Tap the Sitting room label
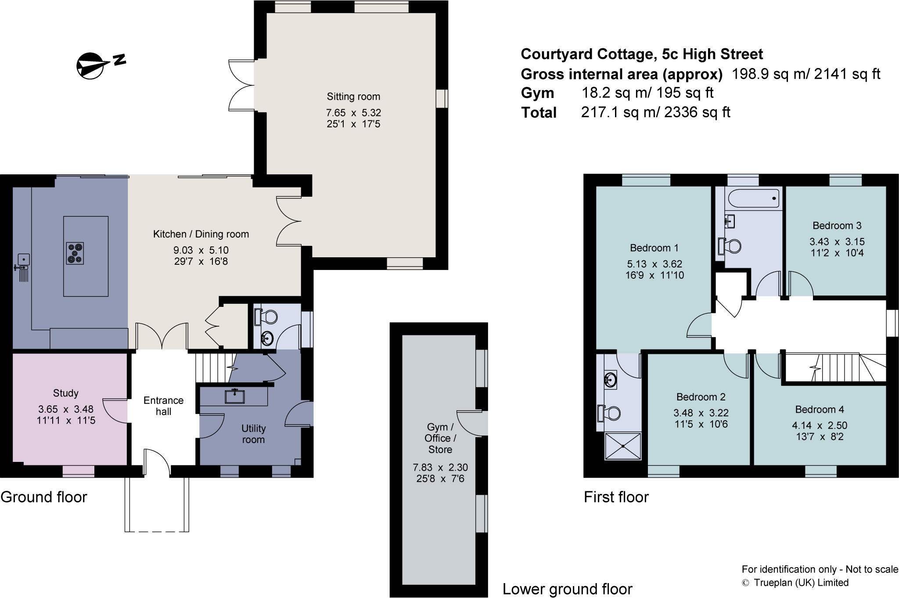353,97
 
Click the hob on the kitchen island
75,254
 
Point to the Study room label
65,393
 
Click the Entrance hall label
163,406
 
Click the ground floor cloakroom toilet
266,316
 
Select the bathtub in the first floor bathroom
753,198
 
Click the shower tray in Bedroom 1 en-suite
623,446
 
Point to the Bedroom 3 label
837,226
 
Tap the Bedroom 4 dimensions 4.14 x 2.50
820,425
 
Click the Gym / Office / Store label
440,438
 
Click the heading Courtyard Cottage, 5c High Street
641,54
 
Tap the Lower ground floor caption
567,589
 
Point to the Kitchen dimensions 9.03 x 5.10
201,250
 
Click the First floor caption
616,497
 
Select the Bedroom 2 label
701,397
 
